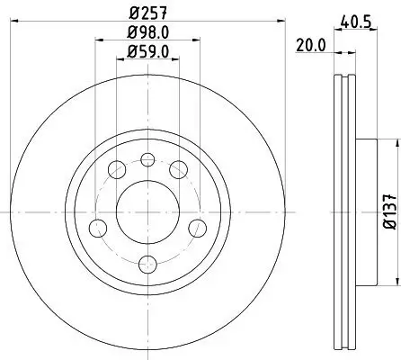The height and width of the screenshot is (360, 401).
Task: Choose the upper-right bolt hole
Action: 179,170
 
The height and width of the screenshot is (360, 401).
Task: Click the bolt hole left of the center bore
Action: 96,228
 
